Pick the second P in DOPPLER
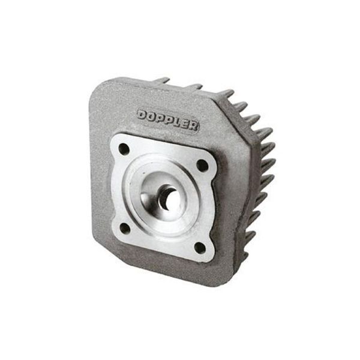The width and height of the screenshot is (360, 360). click(170, 119)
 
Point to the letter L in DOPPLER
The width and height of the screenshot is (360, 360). click(178, 121)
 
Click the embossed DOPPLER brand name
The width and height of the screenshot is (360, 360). click(168, 119)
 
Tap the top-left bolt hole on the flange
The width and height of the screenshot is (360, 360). click(124, 148)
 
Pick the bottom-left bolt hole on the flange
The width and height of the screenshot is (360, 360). click(125, 227)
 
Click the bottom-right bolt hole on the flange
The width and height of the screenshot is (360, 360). click(200, 247)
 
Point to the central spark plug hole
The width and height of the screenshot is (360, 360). click(170, 199)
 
